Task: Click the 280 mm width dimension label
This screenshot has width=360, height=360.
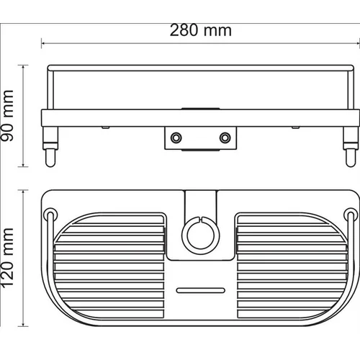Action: pyautogui.click(x=201, y=30)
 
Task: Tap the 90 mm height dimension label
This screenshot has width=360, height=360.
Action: pyautogui.click(x=7, y=116)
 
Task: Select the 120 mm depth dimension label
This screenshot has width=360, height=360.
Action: pyautogui.click(x=7, y=258)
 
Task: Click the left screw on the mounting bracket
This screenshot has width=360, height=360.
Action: pyautogui.click(x=176, y=138)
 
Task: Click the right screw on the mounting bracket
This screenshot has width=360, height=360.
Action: pyautogui.click(x=225, y=138)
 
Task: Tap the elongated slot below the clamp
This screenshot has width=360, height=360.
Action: pyautogui.click(x=201, y=290)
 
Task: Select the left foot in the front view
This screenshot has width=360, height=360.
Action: pyautogui.click(x=50, y=146)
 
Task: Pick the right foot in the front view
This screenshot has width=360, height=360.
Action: pyautogui.click(x=351, y=146)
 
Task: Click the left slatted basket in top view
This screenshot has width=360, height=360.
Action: pyautogui.click(x=109, y=266)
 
